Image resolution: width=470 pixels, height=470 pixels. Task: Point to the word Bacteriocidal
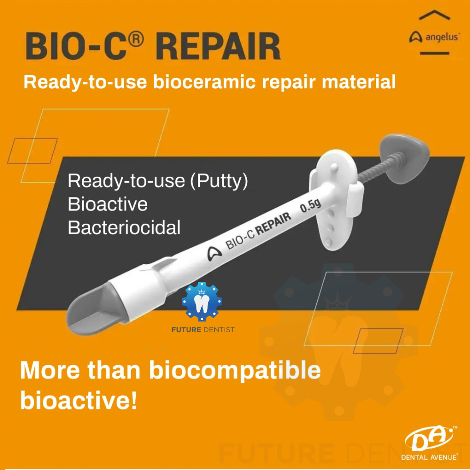[124, 227]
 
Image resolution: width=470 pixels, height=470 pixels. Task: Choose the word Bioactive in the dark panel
[108, 204]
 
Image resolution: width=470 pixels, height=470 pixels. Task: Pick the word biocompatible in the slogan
[235, 371]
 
